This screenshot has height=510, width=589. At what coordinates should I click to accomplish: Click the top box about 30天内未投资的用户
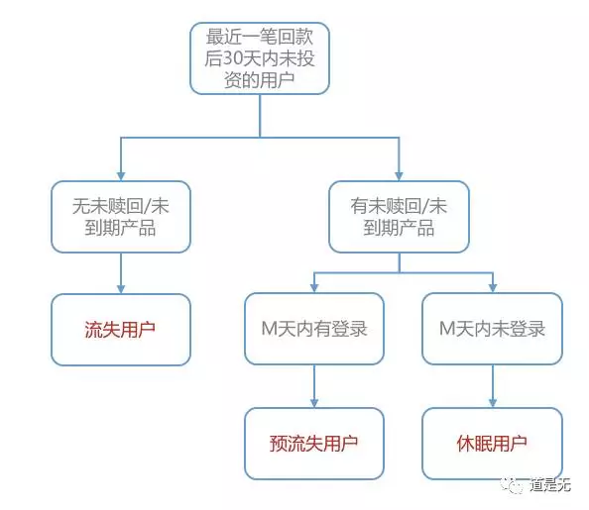click(260, 58)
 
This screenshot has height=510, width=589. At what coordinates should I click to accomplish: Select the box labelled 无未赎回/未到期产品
click(121, 217)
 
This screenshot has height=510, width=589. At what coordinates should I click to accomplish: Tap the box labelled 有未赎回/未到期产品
click(399, 217)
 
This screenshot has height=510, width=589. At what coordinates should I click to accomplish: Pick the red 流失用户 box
click(121, 330)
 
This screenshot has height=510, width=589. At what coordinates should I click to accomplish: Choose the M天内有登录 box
click(314, 329)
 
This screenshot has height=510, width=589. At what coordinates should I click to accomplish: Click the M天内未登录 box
click(493, 329)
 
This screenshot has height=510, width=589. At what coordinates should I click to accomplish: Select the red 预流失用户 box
click(314, 444)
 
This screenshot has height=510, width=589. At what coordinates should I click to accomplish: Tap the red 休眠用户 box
click(493, 444)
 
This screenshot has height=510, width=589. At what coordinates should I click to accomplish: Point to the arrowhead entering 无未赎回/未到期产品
click(121, 176)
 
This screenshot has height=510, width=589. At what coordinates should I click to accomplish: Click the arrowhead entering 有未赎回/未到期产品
click(399, 176)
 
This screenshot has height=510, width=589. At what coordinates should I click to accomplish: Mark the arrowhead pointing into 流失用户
click(121, 289)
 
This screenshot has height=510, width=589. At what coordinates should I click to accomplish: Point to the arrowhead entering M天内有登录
click(314, 288)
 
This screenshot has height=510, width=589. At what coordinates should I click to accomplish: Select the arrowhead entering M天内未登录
click(493, 288)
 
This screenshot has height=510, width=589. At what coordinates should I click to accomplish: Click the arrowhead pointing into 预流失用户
click(314, 403)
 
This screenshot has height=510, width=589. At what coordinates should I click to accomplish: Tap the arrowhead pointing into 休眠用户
click(493, 403)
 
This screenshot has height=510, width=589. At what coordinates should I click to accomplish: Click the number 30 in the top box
click(232, 58)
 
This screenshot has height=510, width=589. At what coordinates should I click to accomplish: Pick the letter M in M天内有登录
click(270, 329)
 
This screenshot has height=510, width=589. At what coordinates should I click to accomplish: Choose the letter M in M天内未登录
click(448, 329)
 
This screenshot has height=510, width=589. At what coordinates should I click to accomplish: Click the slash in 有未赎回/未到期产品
click(426, 206)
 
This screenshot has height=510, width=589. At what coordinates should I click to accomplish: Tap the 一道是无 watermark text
click(550, 485)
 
